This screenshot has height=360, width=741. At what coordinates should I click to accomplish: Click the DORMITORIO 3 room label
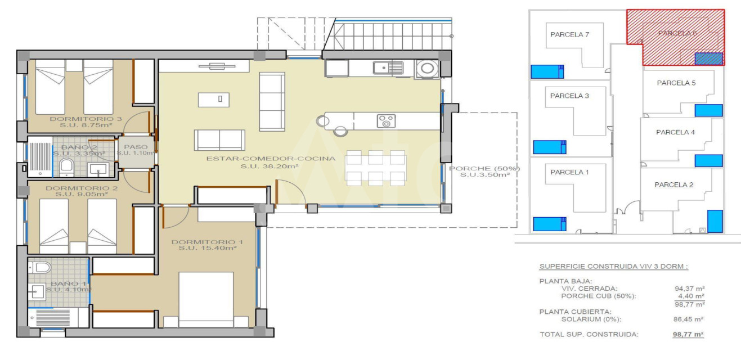pyautogui.click(x=86, y=119)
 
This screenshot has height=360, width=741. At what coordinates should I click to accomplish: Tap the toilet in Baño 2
pyautogui.click(x=67, y=167)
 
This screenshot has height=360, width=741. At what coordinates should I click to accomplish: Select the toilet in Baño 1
pyautogui.click(x=40, y=267)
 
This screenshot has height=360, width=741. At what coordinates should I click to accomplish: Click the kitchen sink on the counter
pyautogui.click(x=388, y=67)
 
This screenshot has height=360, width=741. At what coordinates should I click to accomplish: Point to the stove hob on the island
pyautogui.click(x=386, y=121)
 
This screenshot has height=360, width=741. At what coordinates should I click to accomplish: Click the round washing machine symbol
pyautogui.click(x=427, y=69)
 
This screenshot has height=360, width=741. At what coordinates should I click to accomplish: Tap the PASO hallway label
pyautogui.click(x=136, y=147)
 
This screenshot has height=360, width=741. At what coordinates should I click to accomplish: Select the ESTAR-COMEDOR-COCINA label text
pyautogui.click(x=271, y=159)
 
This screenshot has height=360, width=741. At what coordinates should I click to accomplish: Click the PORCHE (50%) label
pyautogui.click(x=484, y=169)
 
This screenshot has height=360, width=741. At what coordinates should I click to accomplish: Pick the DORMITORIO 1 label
pyautogui.click(x=207, y=242)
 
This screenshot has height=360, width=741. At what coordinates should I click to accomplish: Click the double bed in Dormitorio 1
pyautogui.click(x=206, y=299)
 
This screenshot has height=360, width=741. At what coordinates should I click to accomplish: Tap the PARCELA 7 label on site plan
pyautogui.click(x=569, y=34)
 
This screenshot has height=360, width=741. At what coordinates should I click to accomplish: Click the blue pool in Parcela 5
pyautogui.click(x=708, y=110)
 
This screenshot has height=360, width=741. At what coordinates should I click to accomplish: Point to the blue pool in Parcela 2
pyautogui.click(x=715, y=221)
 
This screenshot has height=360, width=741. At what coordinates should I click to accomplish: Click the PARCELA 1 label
pyautogui.click(x=569, y=172)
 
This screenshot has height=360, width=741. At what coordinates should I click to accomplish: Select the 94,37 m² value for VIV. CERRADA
pyautogui.click(x=689, y=289)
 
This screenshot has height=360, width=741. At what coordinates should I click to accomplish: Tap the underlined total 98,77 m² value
pyautogui.click(x=688, y=335)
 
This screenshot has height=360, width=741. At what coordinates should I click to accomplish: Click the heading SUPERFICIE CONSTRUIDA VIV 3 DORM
pyautogui.click(x=614, y=267)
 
